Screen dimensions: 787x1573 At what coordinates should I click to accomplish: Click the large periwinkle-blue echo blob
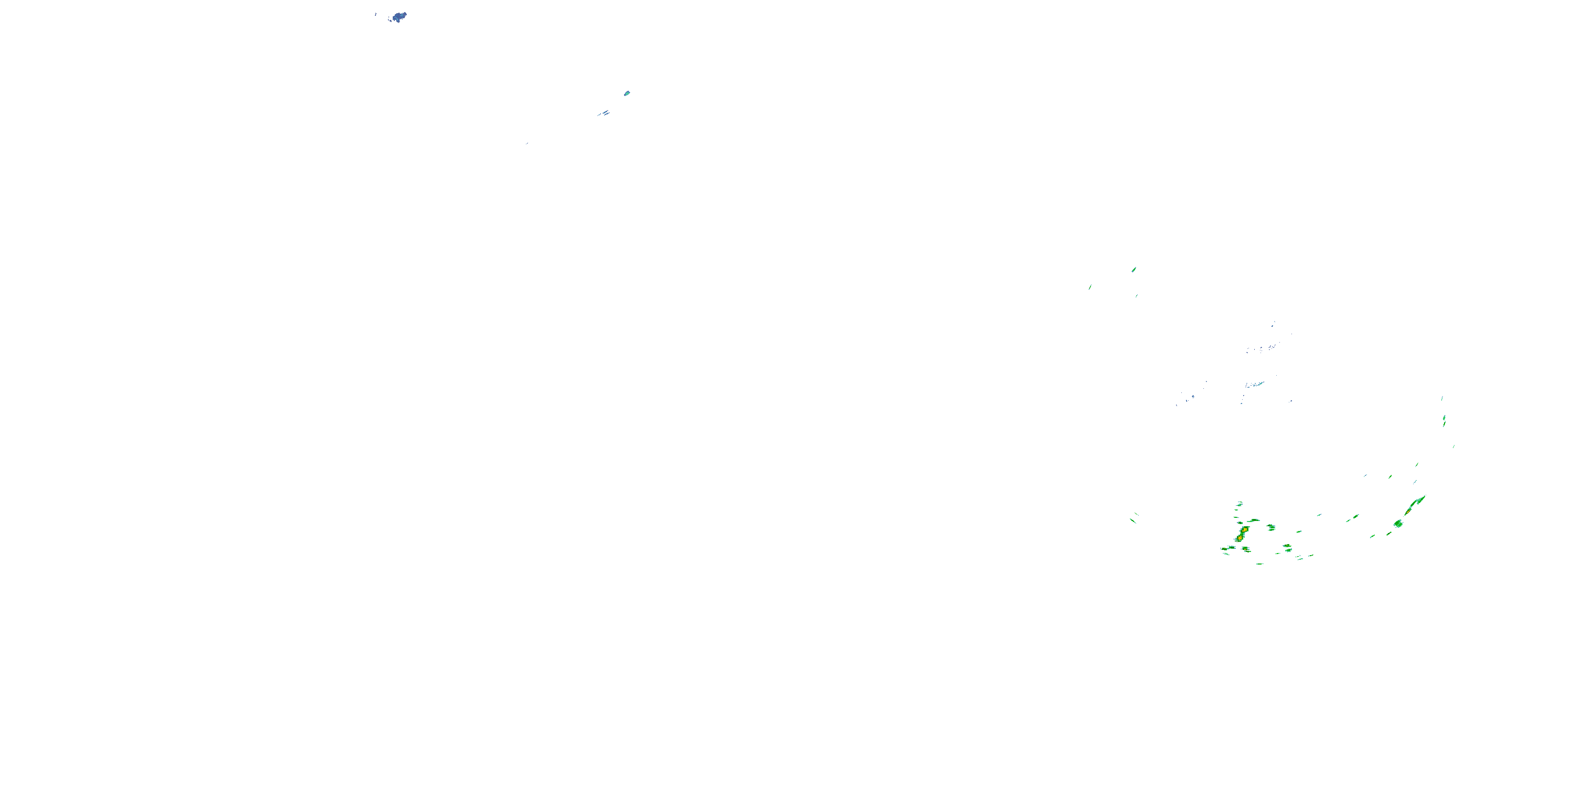click(400, 16)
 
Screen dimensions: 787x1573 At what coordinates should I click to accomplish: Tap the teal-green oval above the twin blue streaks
click(627, 93)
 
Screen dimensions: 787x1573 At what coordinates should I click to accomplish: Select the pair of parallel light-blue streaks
click(604, 113)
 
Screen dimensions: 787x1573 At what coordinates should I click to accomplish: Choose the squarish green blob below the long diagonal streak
click(1398, 524)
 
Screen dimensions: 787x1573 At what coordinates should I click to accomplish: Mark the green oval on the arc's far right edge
click(1444, 420)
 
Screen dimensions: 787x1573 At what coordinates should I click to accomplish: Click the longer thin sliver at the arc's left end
click(1133, 520)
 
